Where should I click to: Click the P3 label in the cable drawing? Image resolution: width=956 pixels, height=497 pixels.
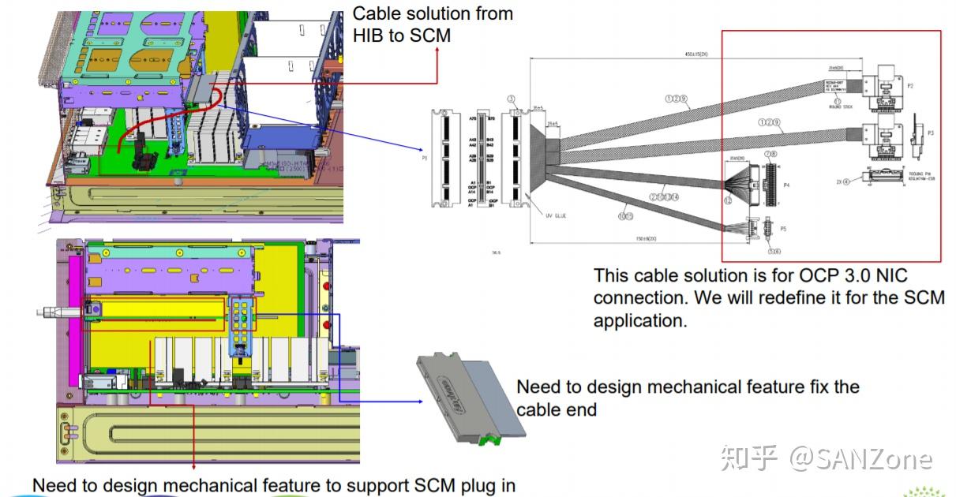[x=931, y=133]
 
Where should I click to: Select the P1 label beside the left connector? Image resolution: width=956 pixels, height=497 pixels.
[x=424, y=158]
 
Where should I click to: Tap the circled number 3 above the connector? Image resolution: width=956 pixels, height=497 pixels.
[x=512, y=99]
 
